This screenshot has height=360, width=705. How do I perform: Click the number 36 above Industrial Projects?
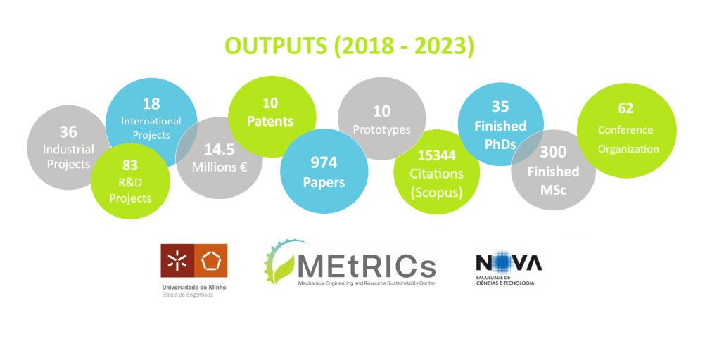click(68, 131)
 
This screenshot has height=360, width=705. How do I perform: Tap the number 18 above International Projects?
click(151, 104)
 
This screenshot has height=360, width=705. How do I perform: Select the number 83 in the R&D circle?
click(130, 165)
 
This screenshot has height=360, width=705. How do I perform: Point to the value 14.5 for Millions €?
click(219, 149)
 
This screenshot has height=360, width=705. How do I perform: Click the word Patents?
click(270, 122)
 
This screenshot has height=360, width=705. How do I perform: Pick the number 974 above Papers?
click(324, 162)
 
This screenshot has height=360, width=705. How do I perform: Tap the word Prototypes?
click(382, 130)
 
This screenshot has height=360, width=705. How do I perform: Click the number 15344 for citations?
click(436, 155)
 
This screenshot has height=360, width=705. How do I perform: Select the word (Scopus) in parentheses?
click(436, 193)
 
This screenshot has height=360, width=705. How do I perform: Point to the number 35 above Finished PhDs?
click(500, 106)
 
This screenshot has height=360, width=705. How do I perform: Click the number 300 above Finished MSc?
click(553, 152)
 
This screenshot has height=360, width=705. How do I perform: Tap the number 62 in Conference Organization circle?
click(625, 108)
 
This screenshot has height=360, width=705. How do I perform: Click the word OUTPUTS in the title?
click(276, 46)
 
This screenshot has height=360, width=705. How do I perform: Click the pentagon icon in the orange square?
click(210, 261)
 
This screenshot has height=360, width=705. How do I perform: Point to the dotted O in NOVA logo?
click(502, 262)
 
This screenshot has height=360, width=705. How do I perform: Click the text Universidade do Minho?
click(194, 287)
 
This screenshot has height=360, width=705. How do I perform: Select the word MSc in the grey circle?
click(553, 190)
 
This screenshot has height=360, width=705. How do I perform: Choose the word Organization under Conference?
click(628, 149)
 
